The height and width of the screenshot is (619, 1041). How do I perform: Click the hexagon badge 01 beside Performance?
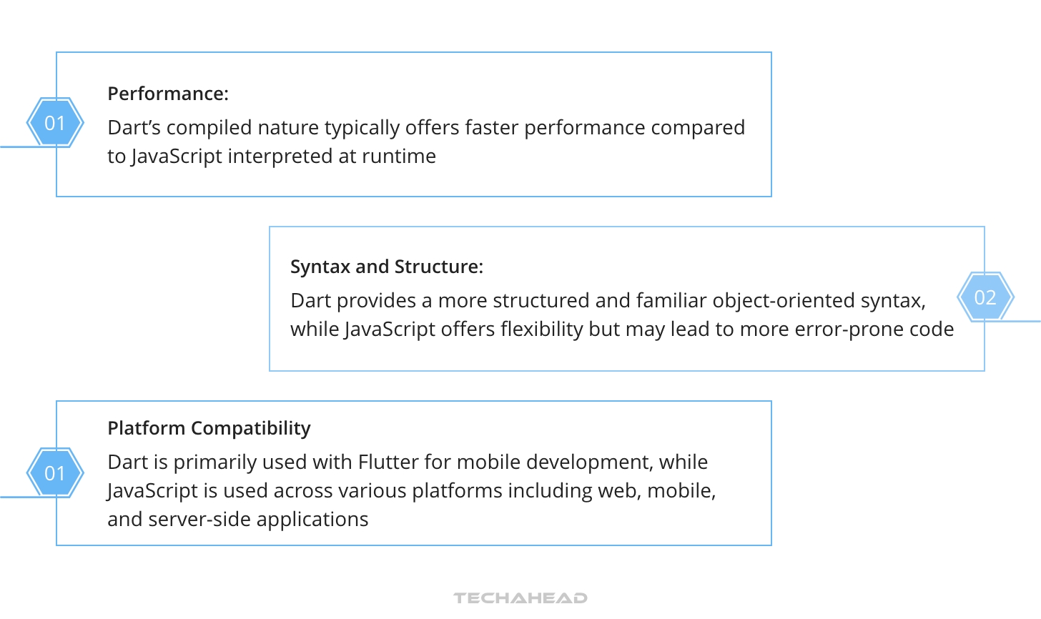[55, 123]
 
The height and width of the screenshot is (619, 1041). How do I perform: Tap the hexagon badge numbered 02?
[985, 297]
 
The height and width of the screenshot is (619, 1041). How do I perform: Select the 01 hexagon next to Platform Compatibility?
[55, 473]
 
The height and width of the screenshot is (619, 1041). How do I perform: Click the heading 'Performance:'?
[168, 94]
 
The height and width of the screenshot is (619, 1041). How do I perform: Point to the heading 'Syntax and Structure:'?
[387, 267]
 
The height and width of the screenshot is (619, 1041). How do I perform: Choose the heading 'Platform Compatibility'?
[209, 428]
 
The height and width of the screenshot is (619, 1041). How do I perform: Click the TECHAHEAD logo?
[520, 598]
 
